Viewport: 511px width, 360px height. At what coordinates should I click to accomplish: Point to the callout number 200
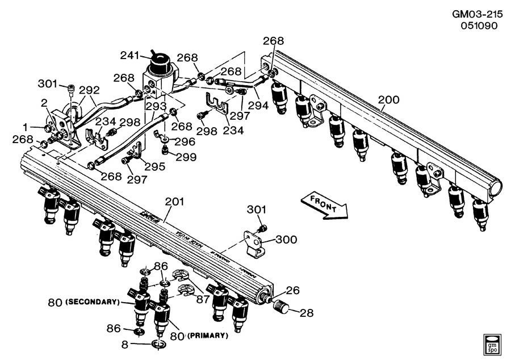(x=388, y=100)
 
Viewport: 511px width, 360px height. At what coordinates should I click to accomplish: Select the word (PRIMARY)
(x=204, y=336)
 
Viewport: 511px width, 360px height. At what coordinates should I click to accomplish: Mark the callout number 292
(x=89, y=89)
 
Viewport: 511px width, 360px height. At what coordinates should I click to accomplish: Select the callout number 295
(x=155, y=166)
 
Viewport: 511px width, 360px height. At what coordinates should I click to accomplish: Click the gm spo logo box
(x=493, y=343)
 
